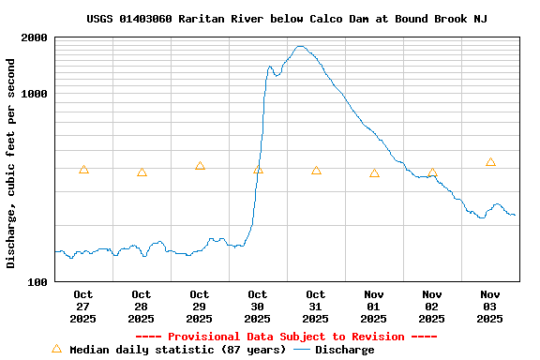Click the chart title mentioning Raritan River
(x=286, y=19)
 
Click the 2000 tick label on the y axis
(x=35, y=38)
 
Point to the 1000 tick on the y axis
(x=35, y=95)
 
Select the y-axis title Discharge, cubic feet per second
(x=11, y=163)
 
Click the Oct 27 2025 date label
(x=83, y=307)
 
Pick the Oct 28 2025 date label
(x=142, y=307)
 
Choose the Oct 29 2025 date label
(x=200, y=307)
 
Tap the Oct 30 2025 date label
(x=258, y=307)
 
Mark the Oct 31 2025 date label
(x=316, y=307)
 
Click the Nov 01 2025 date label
(x=374, y=307)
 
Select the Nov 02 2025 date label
(x=432, y=307)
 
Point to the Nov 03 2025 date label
(x=490, y=307)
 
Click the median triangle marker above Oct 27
(x=83, y=170)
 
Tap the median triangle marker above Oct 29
(x=200, y=166)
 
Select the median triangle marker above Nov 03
(x=490, y=162)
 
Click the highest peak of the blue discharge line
(x=300, y=46)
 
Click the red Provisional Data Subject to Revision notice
(x=286, y=337)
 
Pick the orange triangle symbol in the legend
(x=56, y=349)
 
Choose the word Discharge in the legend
(x=344, y=350)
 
